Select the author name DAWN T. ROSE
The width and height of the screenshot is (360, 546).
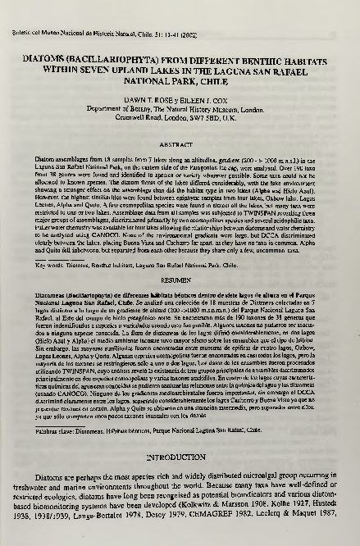coord(140,98)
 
